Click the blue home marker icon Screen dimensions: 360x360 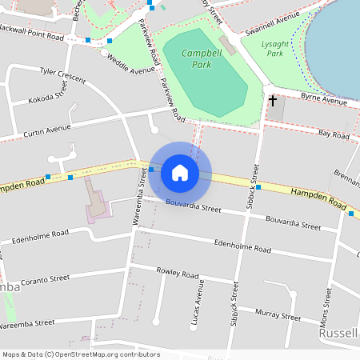click(x=179, y=173)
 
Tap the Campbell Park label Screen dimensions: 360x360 click(x=196, y=58)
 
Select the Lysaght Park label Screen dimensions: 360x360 click(x=275, y=48)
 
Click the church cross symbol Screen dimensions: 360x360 click(x=272, y=101)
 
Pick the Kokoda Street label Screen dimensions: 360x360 click(x=48, y=97)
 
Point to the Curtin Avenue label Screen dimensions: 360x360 click(x=47, y=130)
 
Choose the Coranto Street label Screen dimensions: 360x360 click(x=46, y=282)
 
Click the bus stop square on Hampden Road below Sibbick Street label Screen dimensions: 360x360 click(x=258, y=186)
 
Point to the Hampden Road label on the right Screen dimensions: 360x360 click(x=318, y=194)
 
